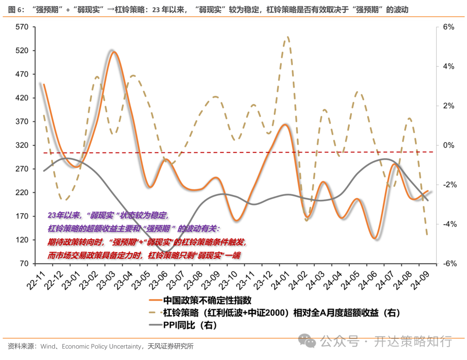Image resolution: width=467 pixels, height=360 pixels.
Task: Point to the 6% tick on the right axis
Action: [448, 27]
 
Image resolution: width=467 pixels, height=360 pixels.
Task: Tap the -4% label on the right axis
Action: [448, 224]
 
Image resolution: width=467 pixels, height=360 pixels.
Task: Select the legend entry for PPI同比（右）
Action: [189, 325]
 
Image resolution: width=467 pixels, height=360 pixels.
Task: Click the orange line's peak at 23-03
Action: [114, 52]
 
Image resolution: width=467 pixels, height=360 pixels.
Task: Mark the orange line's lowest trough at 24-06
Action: [374, 238]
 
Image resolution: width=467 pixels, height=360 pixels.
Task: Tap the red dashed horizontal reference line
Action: [238, 153]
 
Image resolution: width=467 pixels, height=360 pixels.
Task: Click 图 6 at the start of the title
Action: [15, 9]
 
